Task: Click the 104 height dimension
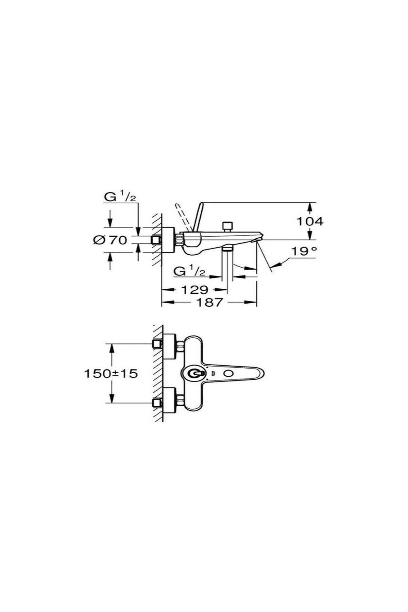[x=310, y=221]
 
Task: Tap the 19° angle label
[x=304, y=251]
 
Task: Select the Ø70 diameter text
[x=110, y=240]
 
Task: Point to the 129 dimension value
[x=194, y=290]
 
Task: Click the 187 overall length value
[x=209, y=302]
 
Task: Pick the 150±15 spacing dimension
[x=111, y=374]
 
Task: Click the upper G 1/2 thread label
[x=120, y=197]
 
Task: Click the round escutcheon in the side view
[x=168, y=240]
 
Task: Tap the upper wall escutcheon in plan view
[x=169, y=346]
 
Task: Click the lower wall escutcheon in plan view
[x=169, y=401]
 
